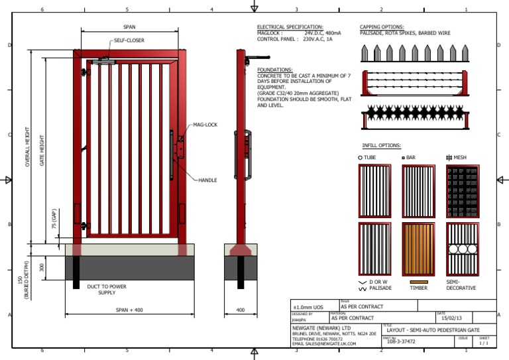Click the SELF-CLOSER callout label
coord(129,40)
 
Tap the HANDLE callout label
coord(207,180)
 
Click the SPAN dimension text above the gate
coord(130,27)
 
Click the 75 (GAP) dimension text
coord(54,218)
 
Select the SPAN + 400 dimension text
coord(129,310)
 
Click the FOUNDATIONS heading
coord(274,70)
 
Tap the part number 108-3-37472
coord(401,341)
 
